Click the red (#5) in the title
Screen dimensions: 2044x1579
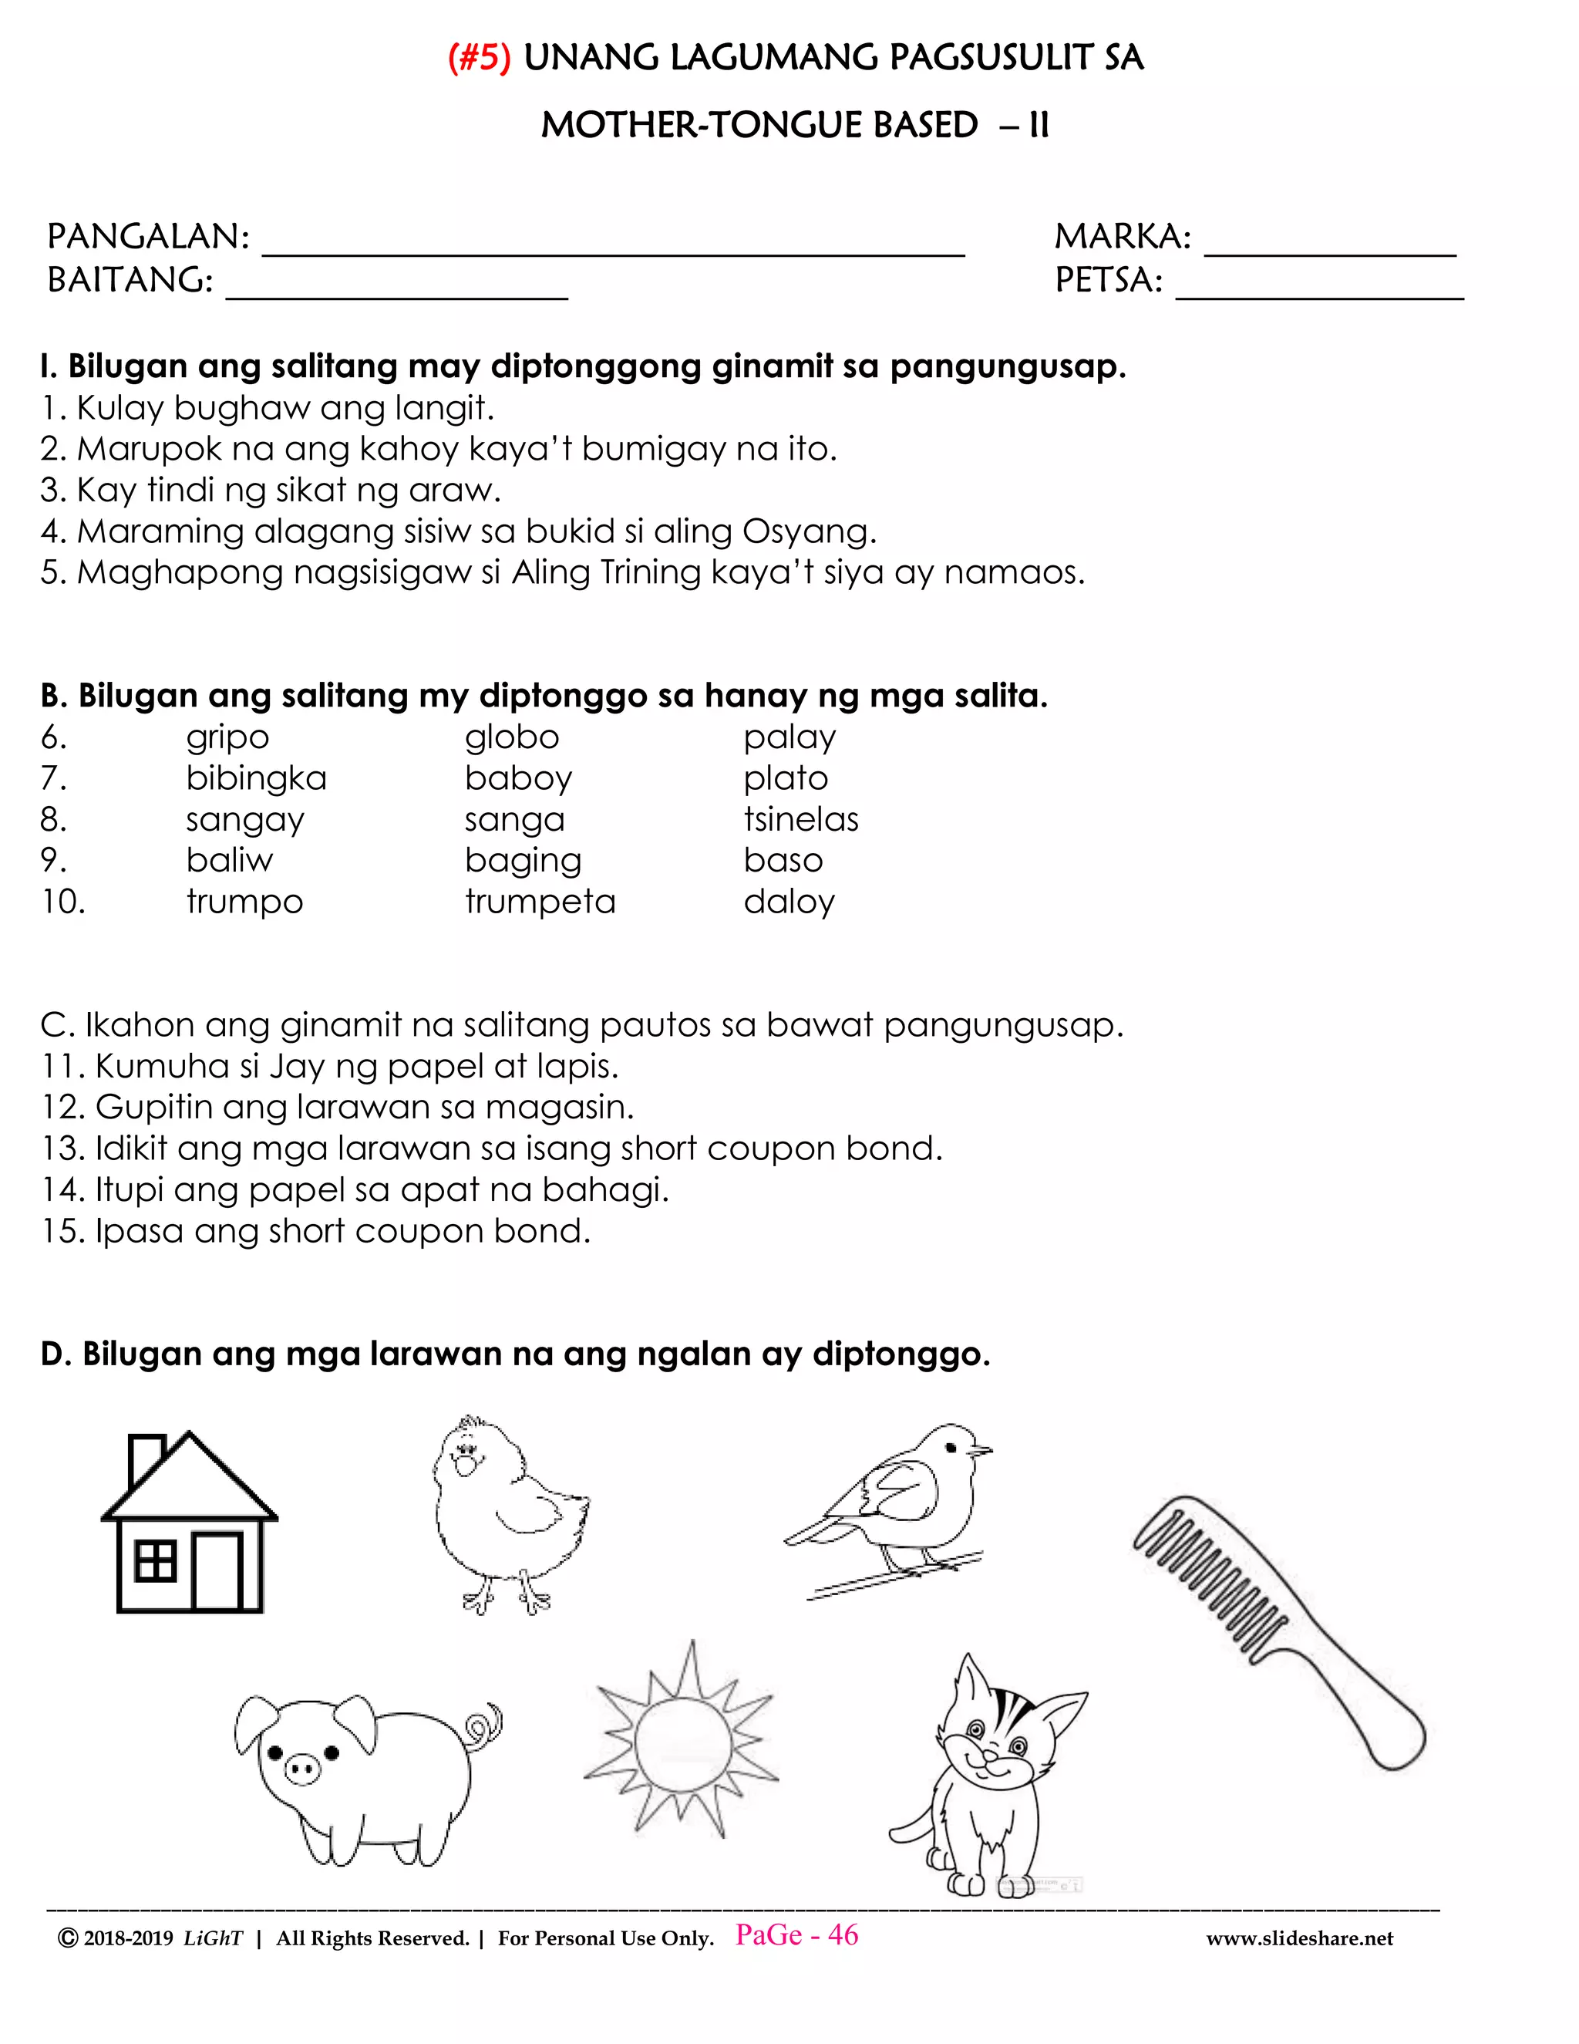click(x=479, y=59)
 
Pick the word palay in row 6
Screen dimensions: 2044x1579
click(x=789, y=738)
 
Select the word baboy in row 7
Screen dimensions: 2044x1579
click(x=518, y=780)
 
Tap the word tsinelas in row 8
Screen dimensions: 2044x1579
click(x=801, y=820)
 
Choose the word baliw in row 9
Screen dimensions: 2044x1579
click(x=229, y=861)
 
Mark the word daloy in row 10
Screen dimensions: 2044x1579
click(x=789, y=902)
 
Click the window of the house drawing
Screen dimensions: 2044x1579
click(x=155, y=1561)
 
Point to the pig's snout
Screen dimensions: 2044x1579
click(x=301, y=1768)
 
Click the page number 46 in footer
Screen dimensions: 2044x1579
click(x=842, y=1935)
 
